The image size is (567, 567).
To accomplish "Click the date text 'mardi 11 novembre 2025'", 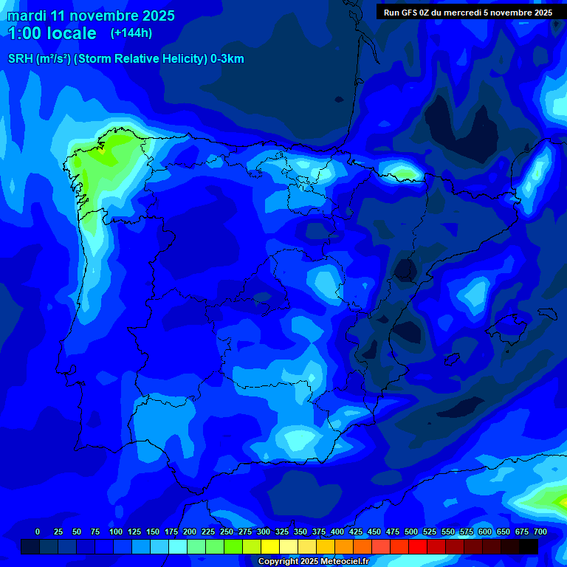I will coord(91,16).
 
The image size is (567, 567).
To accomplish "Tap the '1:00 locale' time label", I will coord(52,33).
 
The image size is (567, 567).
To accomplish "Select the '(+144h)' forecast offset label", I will coord(131,32).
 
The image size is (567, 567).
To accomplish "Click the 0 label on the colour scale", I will coord(38,532).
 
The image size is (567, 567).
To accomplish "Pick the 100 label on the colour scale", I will coord(115,532).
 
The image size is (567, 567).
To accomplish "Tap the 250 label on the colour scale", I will coord(226,532).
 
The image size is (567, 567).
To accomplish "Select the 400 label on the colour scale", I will coord(337,532).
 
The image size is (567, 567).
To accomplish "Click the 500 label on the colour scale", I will coord(410,532).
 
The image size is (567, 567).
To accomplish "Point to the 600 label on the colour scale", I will coord(484,532).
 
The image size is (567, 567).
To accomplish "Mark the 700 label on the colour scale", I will coord(540,532).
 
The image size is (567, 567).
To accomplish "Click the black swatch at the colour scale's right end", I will coord(529,546).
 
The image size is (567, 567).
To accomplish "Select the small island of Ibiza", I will coord(452,360).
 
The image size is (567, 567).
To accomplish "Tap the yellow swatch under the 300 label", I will coord(270,546).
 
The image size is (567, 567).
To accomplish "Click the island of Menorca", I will coord(547,313).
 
